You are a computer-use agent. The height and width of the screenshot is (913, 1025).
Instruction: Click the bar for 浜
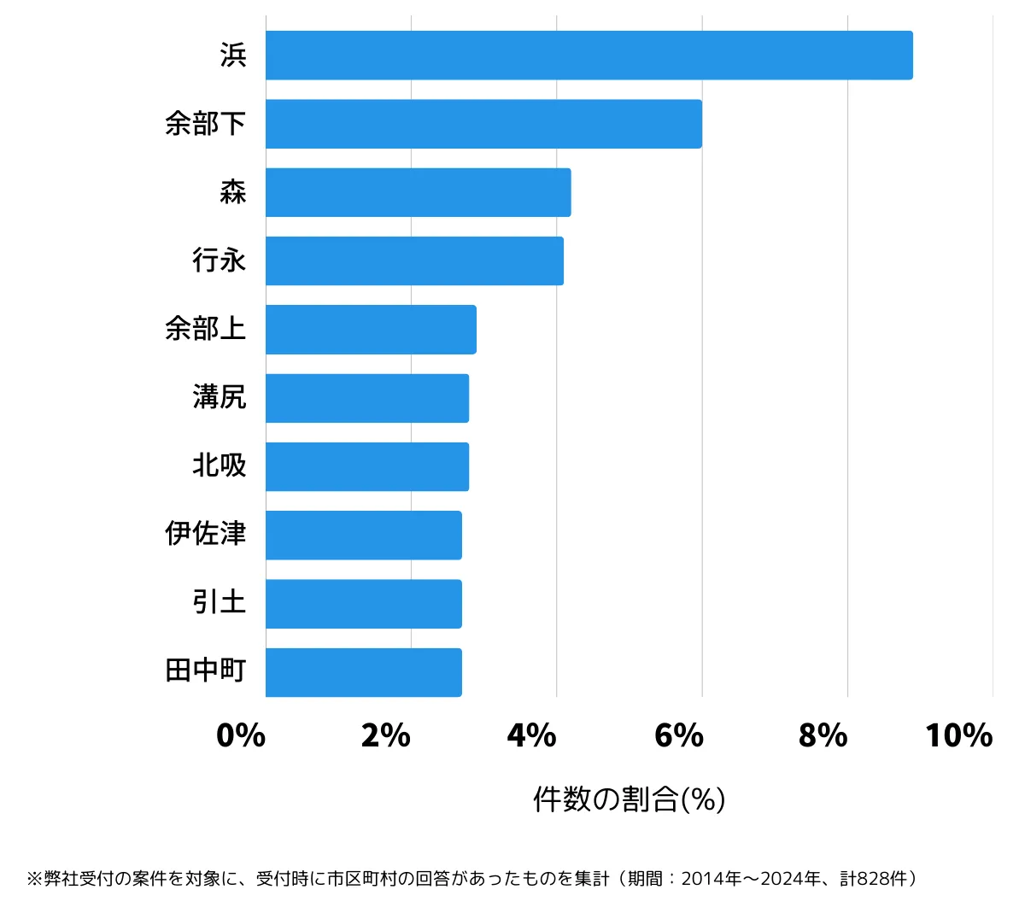coord(589,56)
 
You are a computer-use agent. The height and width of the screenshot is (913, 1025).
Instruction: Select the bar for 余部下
coord(483,124)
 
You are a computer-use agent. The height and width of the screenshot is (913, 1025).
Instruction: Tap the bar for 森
coord(418,192)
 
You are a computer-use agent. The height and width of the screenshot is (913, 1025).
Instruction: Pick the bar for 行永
coord(414,260)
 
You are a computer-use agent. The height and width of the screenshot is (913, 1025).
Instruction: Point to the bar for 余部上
coord(371,330)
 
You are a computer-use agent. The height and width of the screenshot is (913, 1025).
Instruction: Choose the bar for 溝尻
coord(367,398)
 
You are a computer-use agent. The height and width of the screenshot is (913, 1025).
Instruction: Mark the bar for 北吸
coord(367,466)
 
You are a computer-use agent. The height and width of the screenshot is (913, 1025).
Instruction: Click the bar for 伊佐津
coord(363,536)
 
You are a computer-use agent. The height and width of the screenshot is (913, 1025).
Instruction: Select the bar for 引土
coord(363,604)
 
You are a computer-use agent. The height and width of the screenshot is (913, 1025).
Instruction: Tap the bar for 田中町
coord(363,672)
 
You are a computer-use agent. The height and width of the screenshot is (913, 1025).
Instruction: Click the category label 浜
coord(232,56)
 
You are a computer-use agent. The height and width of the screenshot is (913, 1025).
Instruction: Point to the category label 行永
coord(219,260)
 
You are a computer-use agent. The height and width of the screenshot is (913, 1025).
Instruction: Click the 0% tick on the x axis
coord(241,735)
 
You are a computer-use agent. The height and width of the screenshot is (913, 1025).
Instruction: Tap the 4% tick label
coord(531,735)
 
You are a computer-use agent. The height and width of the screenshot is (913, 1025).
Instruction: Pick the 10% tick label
coord(958,735)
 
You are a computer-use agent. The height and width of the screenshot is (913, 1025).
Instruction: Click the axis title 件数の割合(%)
coord(629,799)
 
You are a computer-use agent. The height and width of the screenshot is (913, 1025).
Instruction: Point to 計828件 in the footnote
coord(874,879)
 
